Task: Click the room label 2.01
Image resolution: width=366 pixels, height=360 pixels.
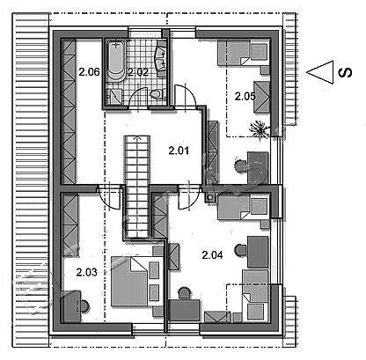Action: coord(179,151)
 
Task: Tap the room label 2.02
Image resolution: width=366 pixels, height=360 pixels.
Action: coord(138,72)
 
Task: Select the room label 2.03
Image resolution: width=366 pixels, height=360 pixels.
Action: coord(86,272)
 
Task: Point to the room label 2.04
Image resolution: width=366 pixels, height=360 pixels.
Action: coord(212,255)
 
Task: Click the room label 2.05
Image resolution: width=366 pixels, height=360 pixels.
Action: coord(245,96)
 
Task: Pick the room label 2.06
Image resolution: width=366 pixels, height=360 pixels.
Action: coord(89,72)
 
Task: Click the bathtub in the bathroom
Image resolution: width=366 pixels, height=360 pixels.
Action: coord(116,61)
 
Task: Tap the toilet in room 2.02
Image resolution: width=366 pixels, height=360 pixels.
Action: coord(156,94)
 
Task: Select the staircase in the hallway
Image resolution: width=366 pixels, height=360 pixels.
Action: coord(137,187)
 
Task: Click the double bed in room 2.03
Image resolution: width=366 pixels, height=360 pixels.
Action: coord(129,281)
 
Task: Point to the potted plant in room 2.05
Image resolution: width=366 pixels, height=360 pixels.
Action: coord(260,129)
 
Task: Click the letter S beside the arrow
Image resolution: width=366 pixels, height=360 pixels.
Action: coord(345,72)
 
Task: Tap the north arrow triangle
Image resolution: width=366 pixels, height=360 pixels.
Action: coord(320,72)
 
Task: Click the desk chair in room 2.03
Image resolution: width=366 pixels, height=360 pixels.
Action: coord(84,306)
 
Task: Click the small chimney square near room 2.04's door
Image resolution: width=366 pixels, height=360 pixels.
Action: coord(210,198)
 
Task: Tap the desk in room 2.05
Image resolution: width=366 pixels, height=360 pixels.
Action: coord(258,167)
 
